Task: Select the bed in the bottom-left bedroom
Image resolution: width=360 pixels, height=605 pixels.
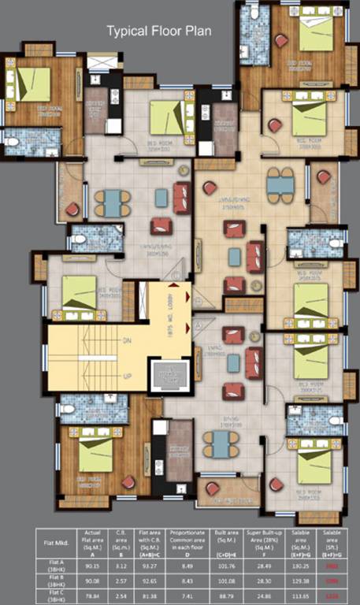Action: click(95, 455)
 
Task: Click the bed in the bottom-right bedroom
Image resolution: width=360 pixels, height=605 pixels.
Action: click(314, 466)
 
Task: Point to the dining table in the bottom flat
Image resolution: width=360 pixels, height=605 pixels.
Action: click(216, 445)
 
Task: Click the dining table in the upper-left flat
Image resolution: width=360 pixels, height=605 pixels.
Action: click(113, 202)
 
